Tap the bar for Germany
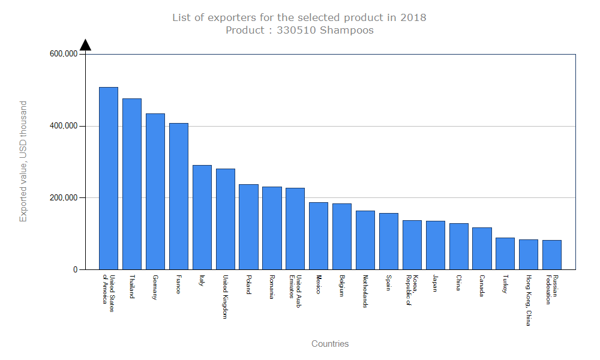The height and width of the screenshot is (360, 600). tap(155, 191)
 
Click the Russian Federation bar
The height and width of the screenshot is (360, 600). tap(552, 254)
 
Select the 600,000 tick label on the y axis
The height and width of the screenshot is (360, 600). tap(64, 54)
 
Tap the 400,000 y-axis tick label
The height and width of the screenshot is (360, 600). tap(64, 126)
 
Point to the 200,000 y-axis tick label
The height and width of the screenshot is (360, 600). tap(64, 198)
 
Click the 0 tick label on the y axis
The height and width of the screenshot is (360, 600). tap(76, 270)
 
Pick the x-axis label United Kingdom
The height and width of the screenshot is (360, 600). tap(226, 297)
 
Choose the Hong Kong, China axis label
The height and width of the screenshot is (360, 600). tap(529, 301)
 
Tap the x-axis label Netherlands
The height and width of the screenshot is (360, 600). tap(365, 292)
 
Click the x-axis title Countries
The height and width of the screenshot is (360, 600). tap(330, 344)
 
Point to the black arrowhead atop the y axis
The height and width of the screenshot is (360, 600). tap(85, 45)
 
